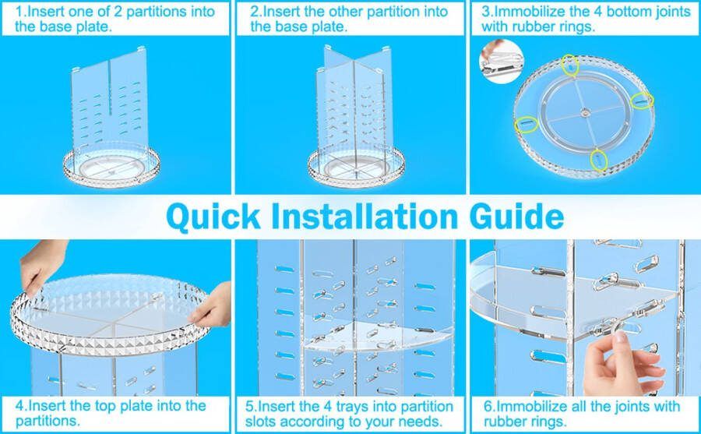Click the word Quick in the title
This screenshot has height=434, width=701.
(x=213, y=217)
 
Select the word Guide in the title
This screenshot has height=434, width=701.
(x=517, y=216)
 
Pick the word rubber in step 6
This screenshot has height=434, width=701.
(x=505, y=421)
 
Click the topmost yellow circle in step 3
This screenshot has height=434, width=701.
(x=570, y=65)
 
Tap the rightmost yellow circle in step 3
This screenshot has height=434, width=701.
(x=642, y=101)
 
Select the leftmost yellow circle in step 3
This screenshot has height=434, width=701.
(x=527, y=125)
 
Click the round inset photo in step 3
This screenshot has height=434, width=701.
(x=501, y=62)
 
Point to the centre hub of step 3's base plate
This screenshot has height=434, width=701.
(x=585, y=113)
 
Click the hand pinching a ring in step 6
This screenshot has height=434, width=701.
(x=623, y=363)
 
